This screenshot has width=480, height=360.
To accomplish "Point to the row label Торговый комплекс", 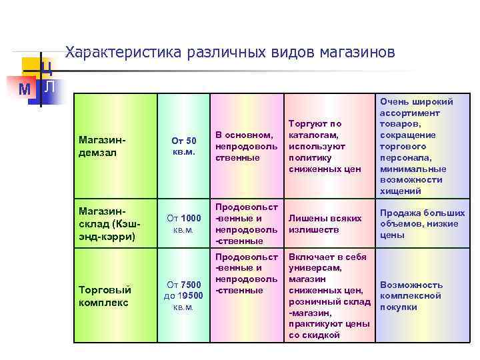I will coord(105,296).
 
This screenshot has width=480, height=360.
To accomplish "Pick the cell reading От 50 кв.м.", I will coord(183,146).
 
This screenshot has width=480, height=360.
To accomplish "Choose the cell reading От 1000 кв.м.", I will coord(183,223).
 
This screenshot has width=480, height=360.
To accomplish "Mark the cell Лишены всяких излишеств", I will coord(325,223).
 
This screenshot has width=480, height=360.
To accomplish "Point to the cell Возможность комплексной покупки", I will coord(411,296).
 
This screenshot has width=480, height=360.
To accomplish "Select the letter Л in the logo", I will coord(51,87).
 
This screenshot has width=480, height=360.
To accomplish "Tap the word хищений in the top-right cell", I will coord(399,191).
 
